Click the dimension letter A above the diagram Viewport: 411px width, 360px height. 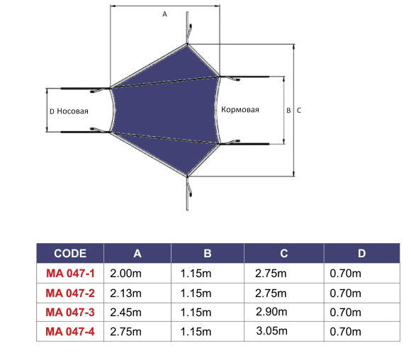tap(164, 14)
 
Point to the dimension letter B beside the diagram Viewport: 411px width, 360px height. tap(288, 111)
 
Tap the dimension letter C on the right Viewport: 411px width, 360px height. tap(299, 111)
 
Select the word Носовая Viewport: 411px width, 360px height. tap(72, 111)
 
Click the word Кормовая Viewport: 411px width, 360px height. tap(240, 110)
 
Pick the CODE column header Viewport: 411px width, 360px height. tap(70, 253)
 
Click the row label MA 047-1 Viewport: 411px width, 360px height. tap(70, 274)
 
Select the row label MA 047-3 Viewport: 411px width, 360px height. tap(70, 313)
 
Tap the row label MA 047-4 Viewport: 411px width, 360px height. tap(70, 332)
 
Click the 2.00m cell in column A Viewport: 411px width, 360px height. tap(126, 274)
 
